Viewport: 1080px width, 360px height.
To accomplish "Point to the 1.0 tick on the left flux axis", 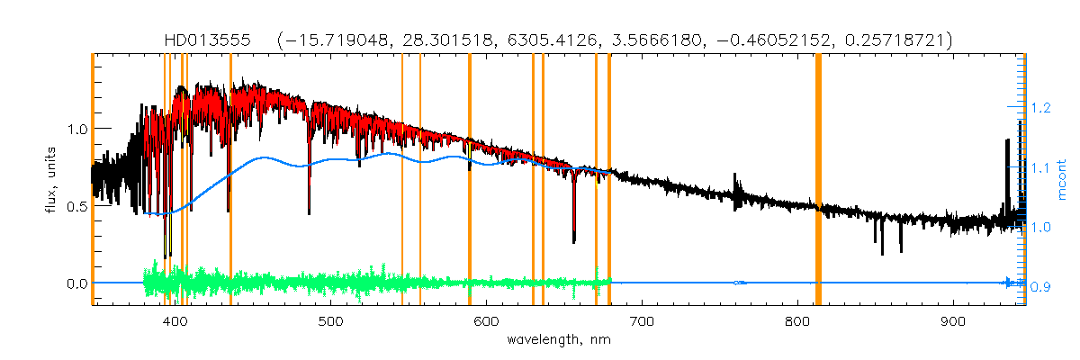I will [77, 129].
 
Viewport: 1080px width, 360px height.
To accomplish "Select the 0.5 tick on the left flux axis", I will [77, 206].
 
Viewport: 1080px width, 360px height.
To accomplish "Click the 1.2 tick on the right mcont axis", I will [1041, 108].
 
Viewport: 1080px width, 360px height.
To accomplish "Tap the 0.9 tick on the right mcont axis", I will [1041, 287].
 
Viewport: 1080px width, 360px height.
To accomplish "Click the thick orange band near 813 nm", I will [818, 180].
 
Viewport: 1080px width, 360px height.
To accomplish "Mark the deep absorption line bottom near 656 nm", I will [574, 241].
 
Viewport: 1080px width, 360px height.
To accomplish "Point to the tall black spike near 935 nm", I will [1007, 144].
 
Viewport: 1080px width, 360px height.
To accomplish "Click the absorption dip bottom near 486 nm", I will [310, 212].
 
